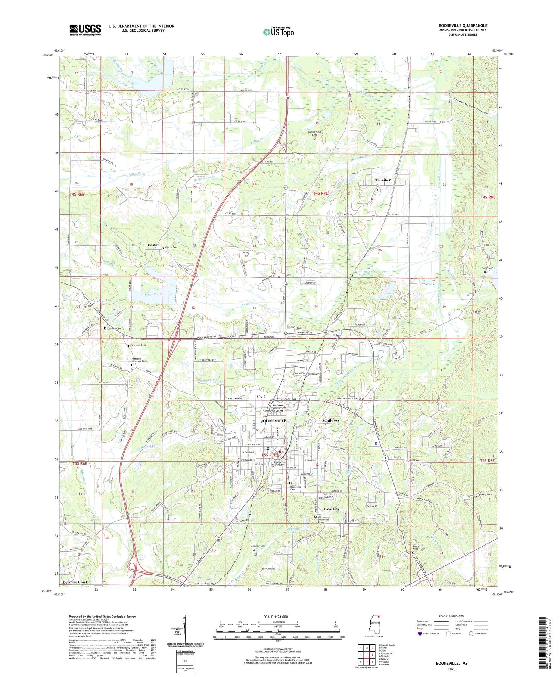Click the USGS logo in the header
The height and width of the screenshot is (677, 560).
pyautogui.click(x=85, y=30)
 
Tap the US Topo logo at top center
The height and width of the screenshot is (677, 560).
pyautogui.click(x=278, y=32)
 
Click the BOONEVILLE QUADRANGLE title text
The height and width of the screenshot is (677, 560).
pyautogui.click(x=463, y=25)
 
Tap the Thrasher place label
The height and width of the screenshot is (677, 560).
pyautogui.click(x=383, y=180)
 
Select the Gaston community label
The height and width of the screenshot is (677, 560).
pyautogui.click(x=153, y=245)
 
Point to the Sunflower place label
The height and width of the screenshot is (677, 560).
pyautogui.click(x=331, y=420)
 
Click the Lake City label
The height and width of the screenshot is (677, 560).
pyautogui.click(x=332, y=509)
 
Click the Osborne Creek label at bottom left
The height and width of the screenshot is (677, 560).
pyautogui.click(x=75, y=582)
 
